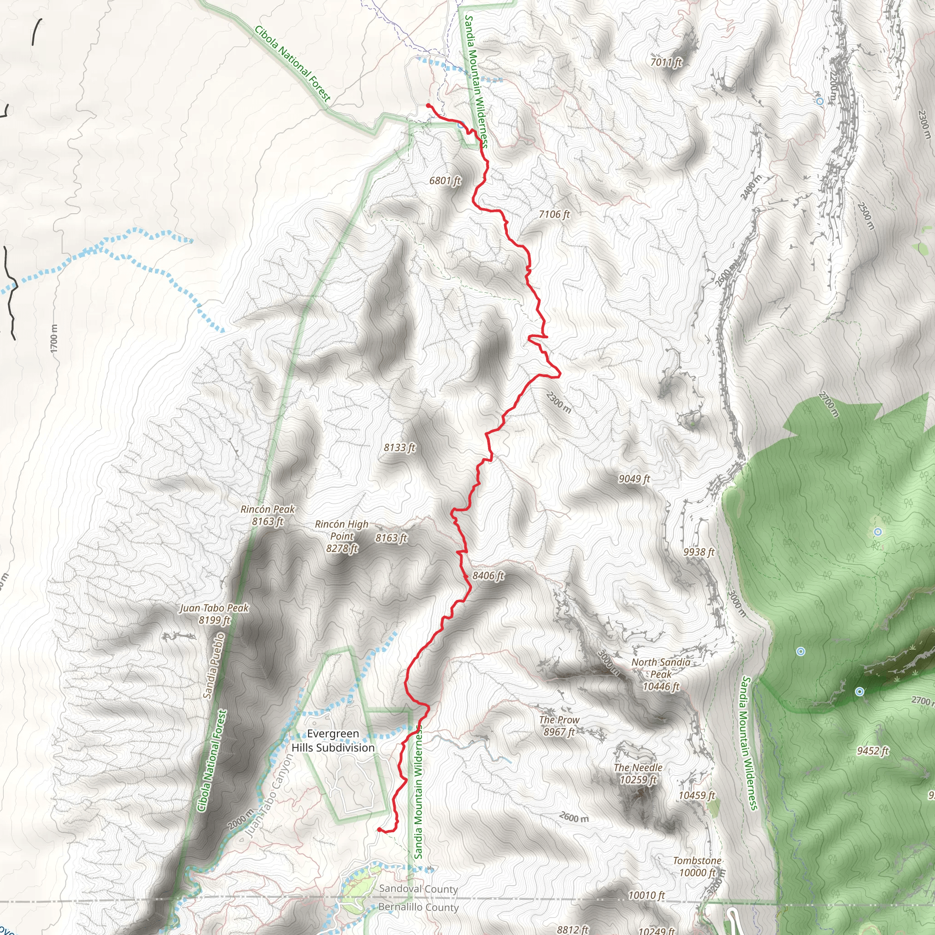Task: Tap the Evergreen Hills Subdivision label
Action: (333, 741)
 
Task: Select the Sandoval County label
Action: (418, 888)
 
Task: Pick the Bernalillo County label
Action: (418, 907)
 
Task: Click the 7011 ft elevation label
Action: (666, 62)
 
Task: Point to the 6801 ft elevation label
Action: (445, 180)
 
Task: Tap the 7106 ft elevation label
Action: (554, 214)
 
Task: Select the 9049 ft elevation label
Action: (634, 478)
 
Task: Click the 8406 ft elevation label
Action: (488, 575)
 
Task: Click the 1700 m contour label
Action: (54, 338)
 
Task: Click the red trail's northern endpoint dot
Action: (428, 105)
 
